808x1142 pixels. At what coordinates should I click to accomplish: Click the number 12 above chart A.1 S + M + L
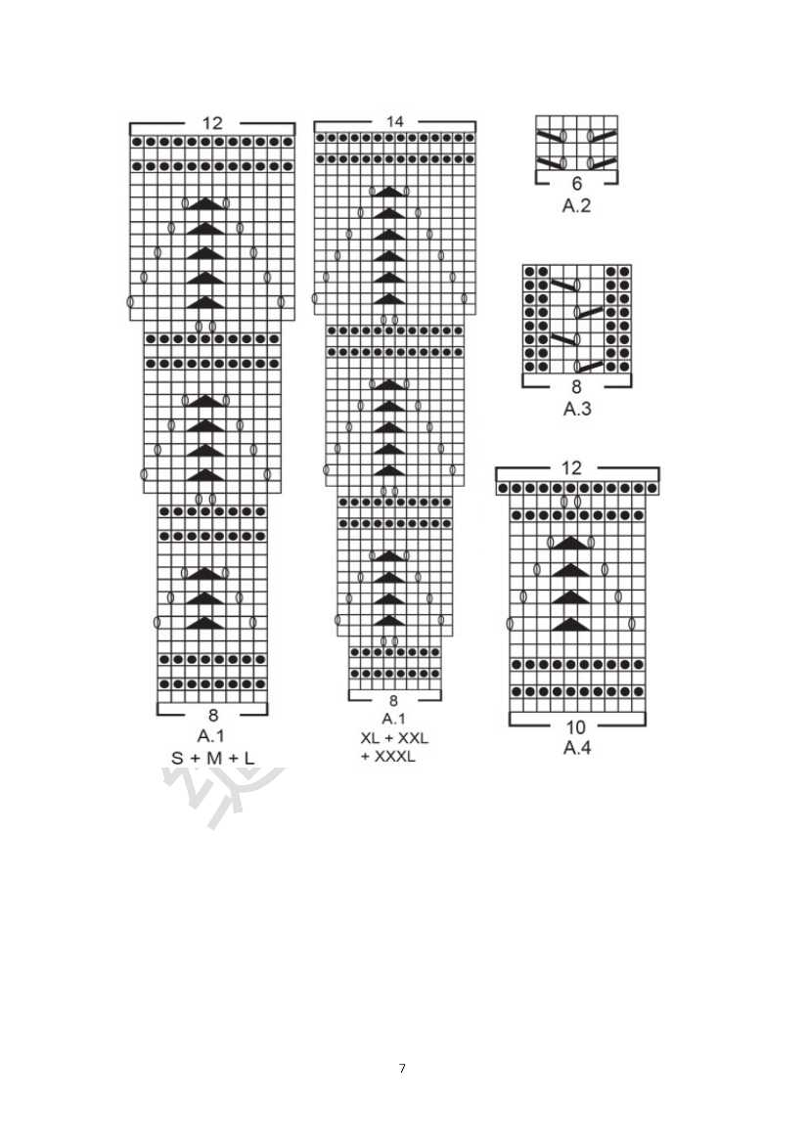click(212, 123)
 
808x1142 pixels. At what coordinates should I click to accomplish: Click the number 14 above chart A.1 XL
click(394, 121)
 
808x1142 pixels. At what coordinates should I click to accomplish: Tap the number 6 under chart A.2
click(576, 184)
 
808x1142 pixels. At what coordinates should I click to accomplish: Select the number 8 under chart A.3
click(576, 387)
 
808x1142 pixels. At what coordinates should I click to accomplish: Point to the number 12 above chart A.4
click(572, 467)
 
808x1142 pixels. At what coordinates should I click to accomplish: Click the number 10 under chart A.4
click(575, 726)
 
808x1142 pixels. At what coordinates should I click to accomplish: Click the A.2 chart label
click(576, 206)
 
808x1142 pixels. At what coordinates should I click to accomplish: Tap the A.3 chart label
click(577, 410)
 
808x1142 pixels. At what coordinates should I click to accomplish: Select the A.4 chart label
click(577, 748)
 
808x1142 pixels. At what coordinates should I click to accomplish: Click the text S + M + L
click(212, 758)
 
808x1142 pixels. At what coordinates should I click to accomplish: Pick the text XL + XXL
click(394, 738)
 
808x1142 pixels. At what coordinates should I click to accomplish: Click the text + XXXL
click(387, 757)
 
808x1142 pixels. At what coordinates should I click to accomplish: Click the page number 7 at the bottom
click(402, 1069)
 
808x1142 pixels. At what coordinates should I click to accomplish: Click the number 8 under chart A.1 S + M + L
click(212, 715)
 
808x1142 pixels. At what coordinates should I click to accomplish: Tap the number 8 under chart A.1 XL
click(393, 701)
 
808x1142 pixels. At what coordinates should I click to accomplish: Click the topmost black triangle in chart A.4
click(569, 544)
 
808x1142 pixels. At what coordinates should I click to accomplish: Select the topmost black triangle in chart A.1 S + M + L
click(205, 203)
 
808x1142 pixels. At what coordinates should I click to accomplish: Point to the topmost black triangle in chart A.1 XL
click(388, 192)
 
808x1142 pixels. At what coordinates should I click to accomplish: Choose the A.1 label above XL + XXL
click(393, 719)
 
